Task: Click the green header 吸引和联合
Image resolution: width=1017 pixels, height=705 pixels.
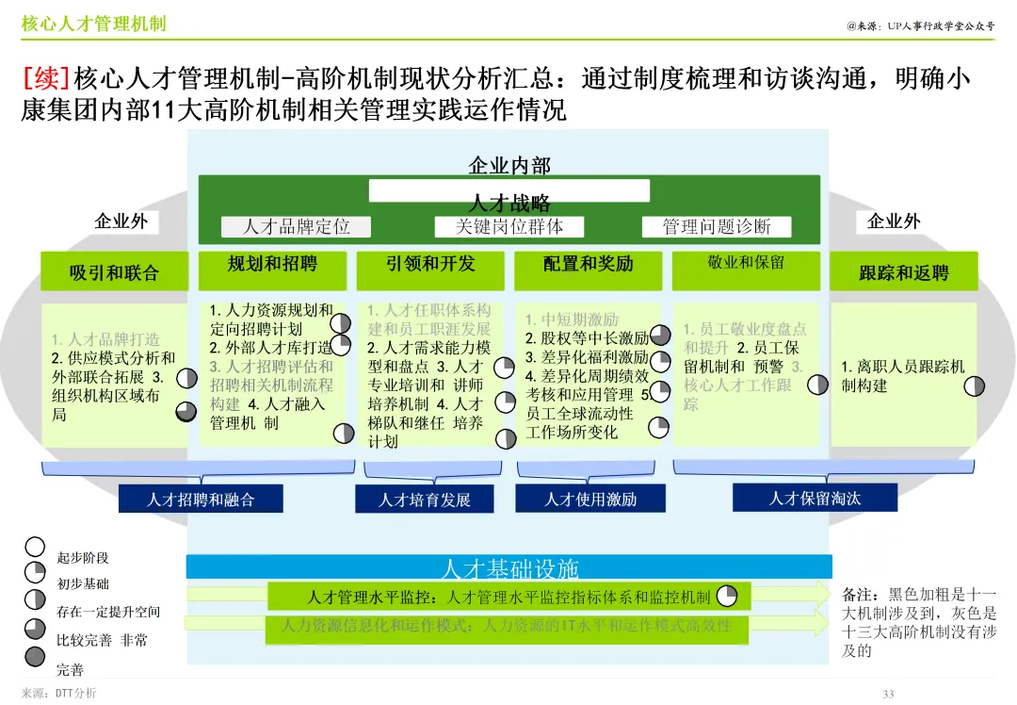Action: (x=115, y=272)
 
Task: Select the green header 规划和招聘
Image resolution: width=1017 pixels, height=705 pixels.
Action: (x=272, y=265)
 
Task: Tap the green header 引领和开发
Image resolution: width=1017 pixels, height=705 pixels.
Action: (x=430, y=265)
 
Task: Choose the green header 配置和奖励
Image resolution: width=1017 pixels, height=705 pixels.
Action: (x=588, y=265)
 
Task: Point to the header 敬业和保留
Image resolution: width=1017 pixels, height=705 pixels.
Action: (x=746, y=263)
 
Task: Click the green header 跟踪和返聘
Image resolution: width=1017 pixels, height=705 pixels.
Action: (x=904, y=272)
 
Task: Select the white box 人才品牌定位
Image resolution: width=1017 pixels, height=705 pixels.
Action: (x=297, y=227)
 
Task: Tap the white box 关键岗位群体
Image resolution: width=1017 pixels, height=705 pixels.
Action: (x=509, y=227)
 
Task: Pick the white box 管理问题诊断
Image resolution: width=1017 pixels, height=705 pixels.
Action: (x=716, y=227)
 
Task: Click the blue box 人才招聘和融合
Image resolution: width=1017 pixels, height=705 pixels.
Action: (x=201, y=499)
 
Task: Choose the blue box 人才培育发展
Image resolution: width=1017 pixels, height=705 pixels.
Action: (x=424, y=499)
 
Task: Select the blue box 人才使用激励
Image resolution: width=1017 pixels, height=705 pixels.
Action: (x=590, y=499)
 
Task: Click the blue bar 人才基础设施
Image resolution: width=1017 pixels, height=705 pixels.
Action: (x=509, y=567)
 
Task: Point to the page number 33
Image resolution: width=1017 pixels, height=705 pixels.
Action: (x=888, y=695)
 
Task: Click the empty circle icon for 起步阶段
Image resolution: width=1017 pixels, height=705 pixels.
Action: (x=35, y=546)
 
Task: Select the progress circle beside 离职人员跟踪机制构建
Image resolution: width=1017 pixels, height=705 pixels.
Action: (x=976, y=385)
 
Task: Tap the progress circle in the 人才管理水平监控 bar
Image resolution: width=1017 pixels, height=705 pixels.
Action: (x=727, y=596)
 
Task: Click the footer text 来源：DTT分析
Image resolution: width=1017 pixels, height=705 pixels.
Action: (x=58, y=694)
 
